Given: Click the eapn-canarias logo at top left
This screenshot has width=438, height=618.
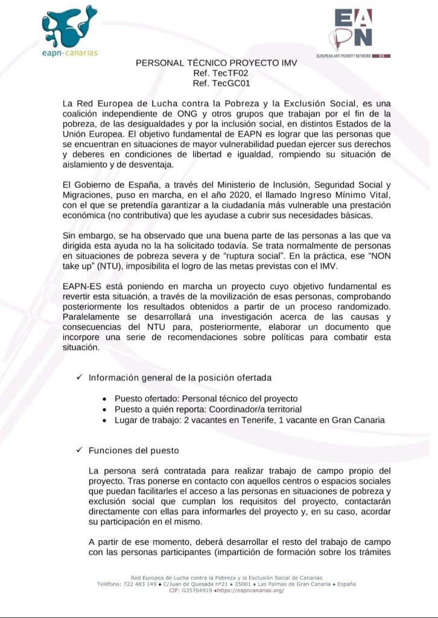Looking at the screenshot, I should (70, 30).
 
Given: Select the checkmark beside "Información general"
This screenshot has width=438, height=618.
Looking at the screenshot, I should (79, 378).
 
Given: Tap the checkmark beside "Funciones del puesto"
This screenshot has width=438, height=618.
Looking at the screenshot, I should (79, 450).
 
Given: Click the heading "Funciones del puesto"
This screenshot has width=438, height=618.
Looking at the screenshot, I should (133, 451).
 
